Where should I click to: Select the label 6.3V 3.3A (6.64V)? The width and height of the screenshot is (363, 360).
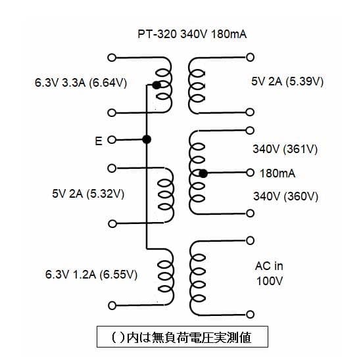coord(81,83)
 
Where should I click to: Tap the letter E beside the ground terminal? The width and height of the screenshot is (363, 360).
coord(99,140)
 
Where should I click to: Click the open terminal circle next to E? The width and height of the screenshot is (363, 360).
coord(111,140)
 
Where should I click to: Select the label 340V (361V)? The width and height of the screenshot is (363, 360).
coord(285,149)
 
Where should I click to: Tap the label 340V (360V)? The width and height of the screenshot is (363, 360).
coord(285,196)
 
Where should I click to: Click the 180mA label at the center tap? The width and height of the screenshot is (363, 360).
coord(278,173)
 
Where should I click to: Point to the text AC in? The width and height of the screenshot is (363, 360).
coord(269,266)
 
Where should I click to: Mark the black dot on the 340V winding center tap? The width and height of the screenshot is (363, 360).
coord(204,173)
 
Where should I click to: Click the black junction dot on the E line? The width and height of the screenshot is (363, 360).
coord(147,139)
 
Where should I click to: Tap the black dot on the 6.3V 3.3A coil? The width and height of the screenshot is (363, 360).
coord(156,85)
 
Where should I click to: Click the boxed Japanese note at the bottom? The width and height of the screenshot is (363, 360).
coord(182,337)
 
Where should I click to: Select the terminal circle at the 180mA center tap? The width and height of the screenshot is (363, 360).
coord(250,173)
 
